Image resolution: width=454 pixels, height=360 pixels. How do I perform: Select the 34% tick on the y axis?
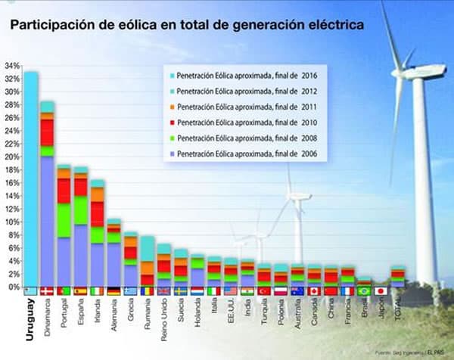click(x=11, y=66)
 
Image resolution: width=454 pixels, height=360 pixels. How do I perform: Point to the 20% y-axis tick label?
click(x=11, y=157)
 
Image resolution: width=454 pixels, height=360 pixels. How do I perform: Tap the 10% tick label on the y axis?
click(x=11, y=222)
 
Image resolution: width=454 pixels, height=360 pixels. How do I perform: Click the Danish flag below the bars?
click(x=48, y=291)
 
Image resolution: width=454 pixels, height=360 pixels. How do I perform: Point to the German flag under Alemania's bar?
click(x=113, y=291)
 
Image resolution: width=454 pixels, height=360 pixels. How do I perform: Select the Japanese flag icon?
click(x=381, y=291)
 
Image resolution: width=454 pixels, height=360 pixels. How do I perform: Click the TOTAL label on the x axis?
click(x=398, y=310)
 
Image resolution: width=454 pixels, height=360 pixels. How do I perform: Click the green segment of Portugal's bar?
click(x=64, y=219)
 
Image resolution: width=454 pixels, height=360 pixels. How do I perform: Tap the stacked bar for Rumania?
click(x=147, y=261)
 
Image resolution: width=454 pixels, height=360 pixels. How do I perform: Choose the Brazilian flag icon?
click(x=364, y=291)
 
